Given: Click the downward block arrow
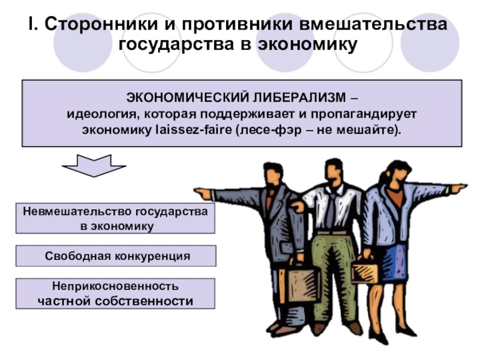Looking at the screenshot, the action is click(94, 165).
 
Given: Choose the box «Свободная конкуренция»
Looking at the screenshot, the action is click(115, 256).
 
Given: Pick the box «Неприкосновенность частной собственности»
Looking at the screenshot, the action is click(115, 293).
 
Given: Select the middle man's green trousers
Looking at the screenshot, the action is click(334, 270).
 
